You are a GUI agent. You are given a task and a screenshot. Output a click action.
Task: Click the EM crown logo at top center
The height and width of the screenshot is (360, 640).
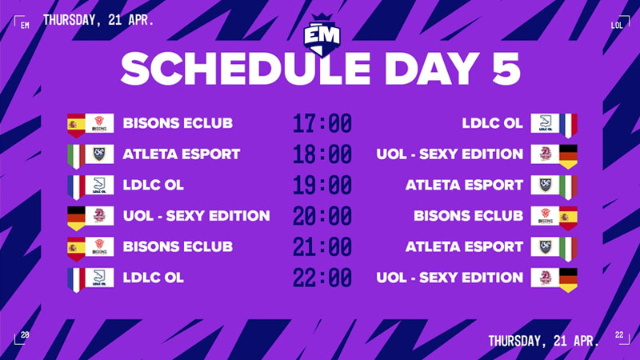tap(320, 32)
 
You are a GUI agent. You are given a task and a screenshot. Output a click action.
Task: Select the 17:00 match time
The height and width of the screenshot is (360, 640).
tap(322, 124)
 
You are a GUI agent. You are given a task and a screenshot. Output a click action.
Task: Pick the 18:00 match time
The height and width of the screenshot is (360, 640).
tap(322, 154)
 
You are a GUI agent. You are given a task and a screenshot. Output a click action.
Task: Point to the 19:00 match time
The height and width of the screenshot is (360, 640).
tap(322, 185)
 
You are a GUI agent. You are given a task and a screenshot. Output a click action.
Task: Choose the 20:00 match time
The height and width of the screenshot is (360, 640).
tap(322, 216)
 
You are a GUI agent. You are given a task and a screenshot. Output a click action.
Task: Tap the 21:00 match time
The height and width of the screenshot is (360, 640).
tap(322, 247)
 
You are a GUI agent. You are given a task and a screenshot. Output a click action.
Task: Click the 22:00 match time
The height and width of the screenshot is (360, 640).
tap(322, 278)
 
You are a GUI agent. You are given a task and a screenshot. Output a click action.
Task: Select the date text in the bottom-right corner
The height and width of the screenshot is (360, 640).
tap(543, 341)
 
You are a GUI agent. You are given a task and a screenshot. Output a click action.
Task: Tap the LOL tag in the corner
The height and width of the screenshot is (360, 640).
tap(617, 25)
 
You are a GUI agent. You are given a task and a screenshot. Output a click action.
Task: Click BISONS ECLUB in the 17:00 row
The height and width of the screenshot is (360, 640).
tap(178, 124)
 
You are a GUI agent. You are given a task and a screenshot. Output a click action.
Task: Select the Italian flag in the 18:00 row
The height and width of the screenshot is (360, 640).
tap(75, 154)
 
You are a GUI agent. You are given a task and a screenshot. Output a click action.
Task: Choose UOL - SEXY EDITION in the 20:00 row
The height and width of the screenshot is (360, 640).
tap(196, 216)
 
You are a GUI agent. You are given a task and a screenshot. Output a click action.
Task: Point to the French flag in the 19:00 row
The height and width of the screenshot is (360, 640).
tap(75, 185)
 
